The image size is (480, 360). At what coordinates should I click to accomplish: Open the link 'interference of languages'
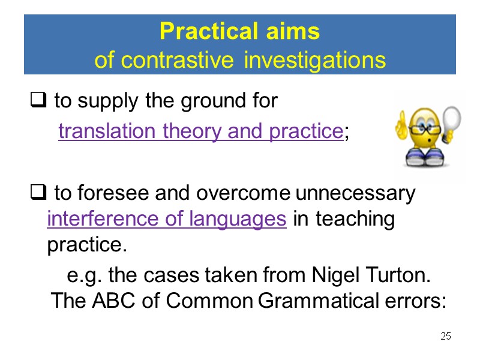coord(166,220)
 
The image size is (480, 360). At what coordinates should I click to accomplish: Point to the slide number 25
coord(445,336)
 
